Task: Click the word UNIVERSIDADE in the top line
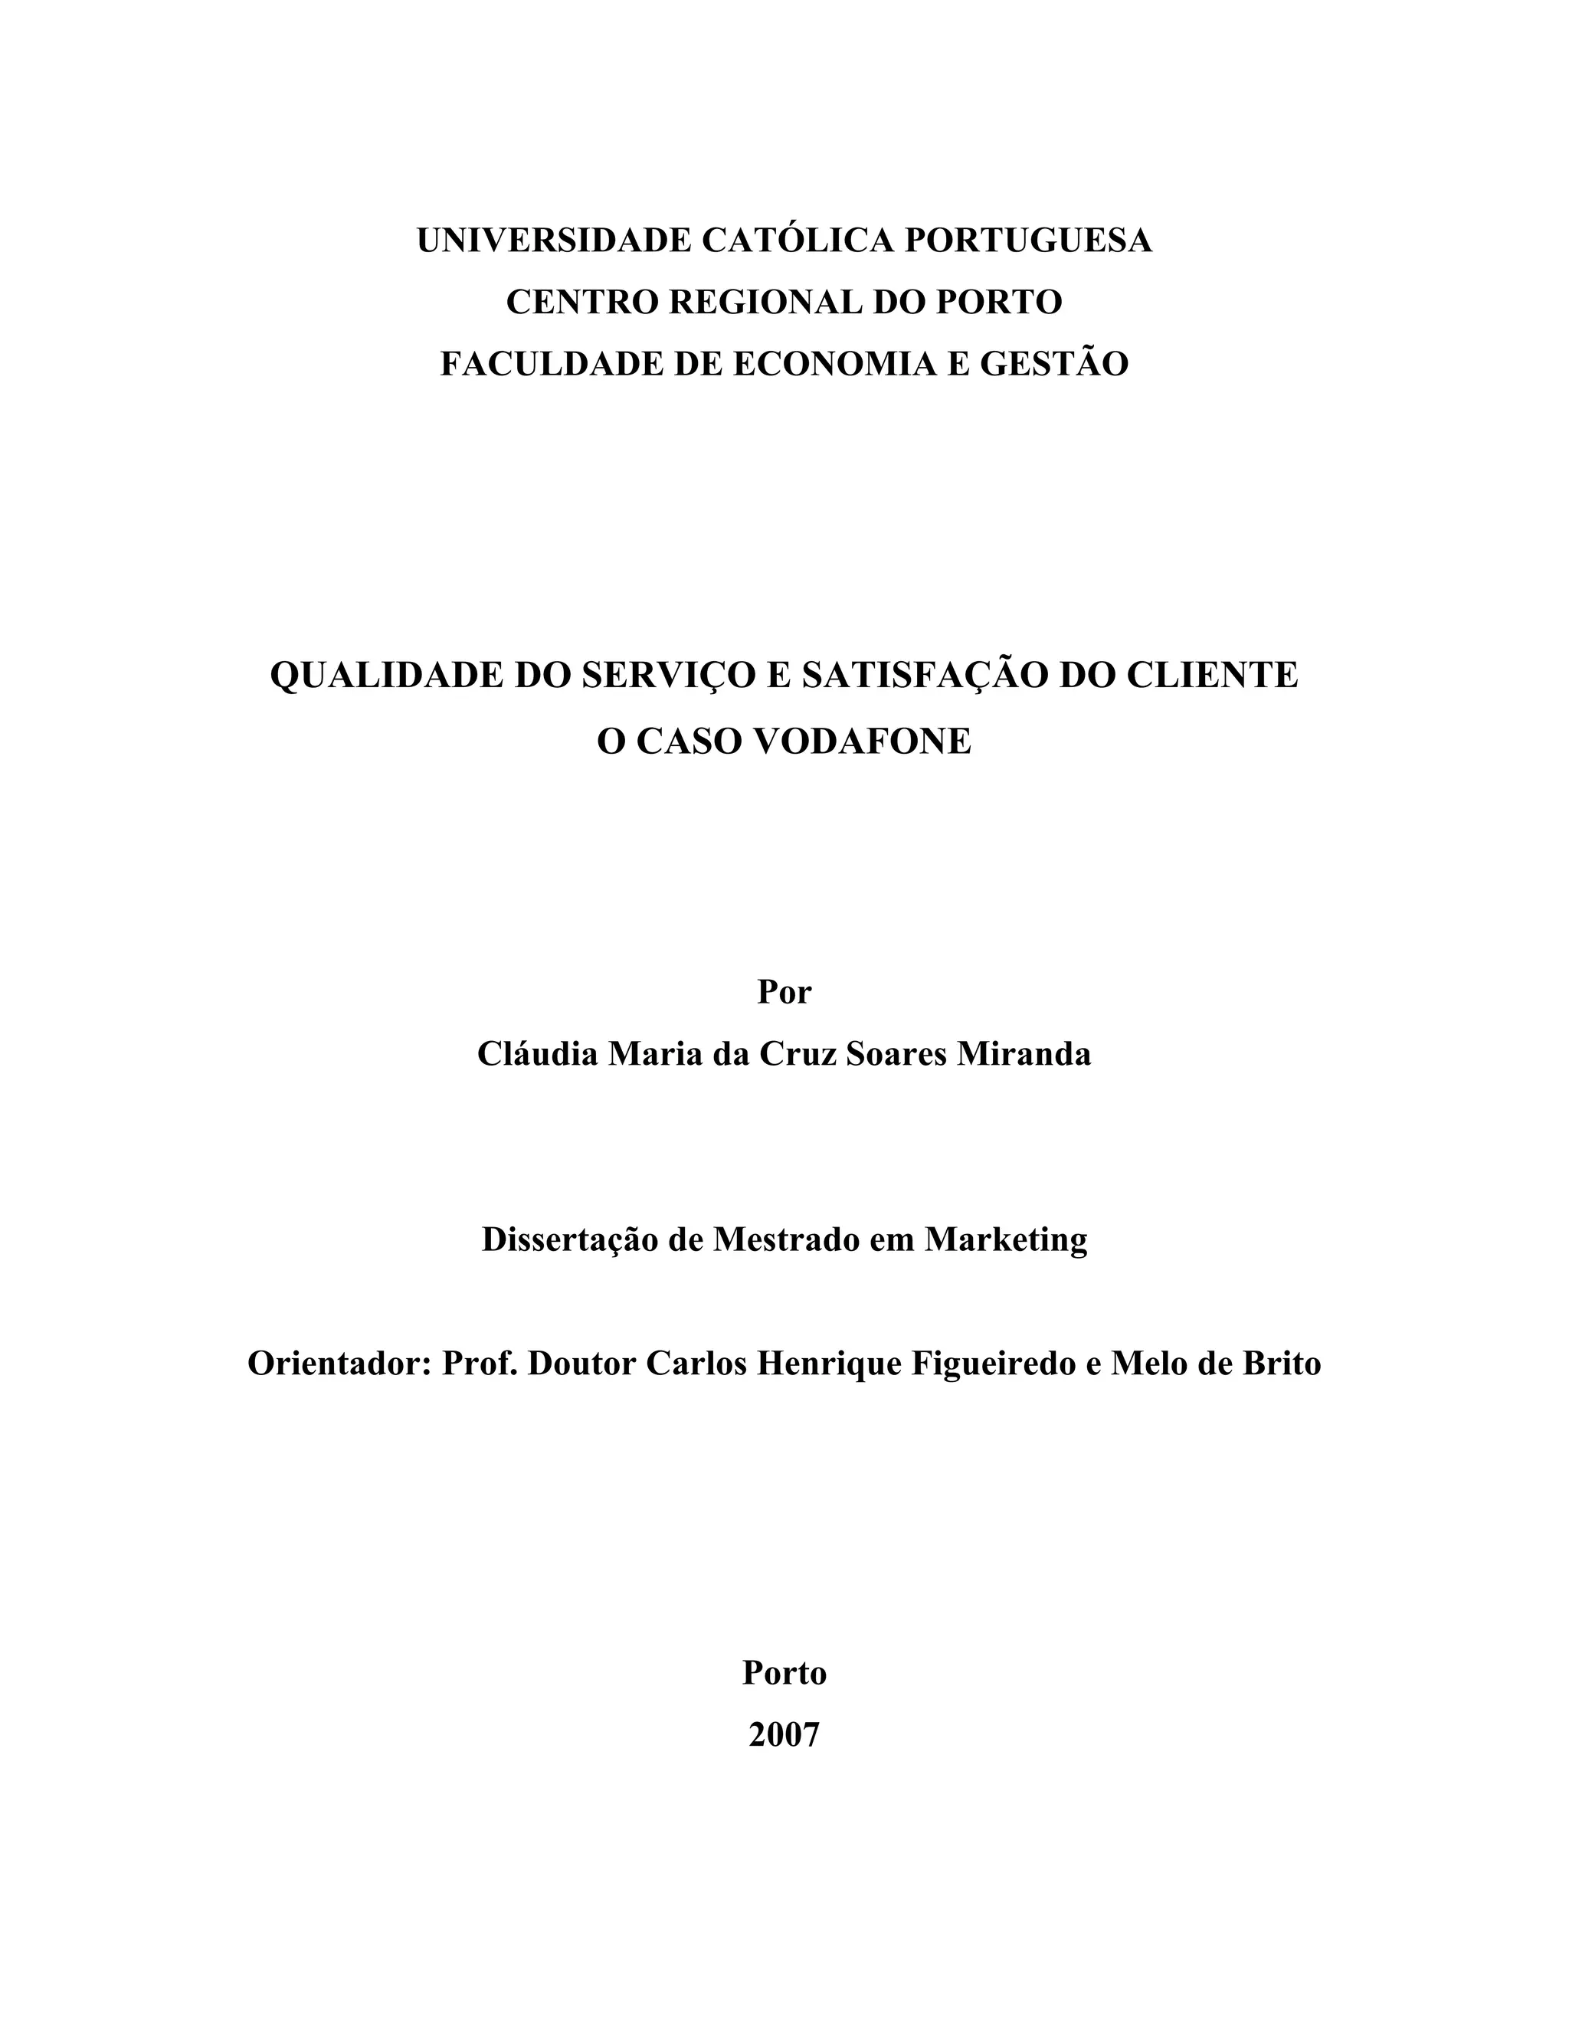pyautogui.click(x=553, y=241)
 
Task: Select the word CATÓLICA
pyautogui.click(x=798, y=241)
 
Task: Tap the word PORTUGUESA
pyautogui.click(x=1028, y=241)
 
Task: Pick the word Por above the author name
pyautogui.click(x=784, y=992)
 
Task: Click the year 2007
pyautogui.click(x=784, y=1735)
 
